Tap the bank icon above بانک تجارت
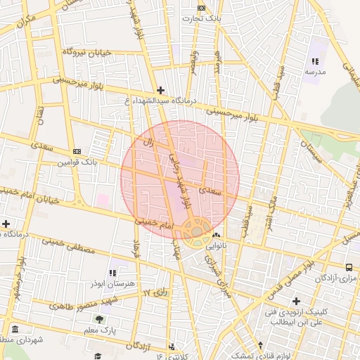[x=202, y=8]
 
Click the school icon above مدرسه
[x=314, y=62]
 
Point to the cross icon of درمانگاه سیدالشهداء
[x=161, y=90]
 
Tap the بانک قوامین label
[x=76, y=162]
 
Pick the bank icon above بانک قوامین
[x=77, y=152]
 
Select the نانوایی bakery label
[x=217, y=246]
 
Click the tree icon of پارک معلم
[x=98, y=319]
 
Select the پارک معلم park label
[x=99, y=329]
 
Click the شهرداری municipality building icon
[x=15, y=329]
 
